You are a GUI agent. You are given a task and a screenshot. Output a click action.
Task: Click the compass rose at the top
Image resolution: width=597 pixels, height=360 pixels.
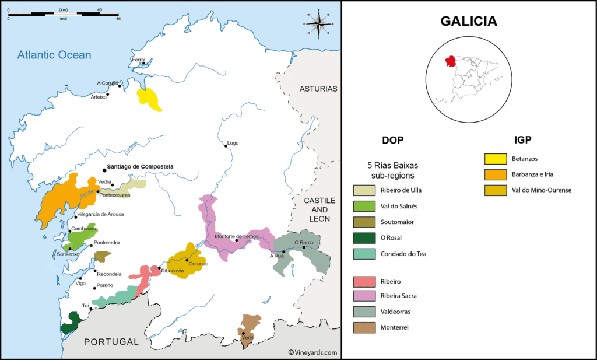[318, 24]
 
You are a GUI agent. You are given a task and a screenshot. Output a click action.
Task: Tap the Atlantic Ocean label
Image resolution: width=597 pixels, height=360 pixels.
[54, 55]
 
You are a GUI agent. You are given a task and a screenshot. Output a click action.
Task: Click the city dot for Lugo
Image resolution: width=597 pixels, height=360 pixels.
[226, 146]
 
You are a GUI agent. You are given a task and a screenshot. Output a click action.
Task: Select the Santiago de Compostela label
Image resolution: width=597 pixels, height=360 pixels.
[141, 167]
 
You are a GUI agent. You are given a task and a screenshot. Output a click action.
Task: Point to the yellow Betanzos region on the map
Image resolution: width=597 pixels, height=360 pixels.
[149, 99]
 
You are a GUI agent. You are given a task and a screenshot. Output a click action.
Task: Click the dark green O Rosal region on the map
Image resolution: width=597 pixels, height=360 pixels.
[71, 322]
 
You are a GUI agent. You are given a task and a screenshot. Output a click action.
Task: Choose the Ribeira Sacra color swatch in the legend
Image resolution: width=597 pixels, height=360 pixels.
[364, 296]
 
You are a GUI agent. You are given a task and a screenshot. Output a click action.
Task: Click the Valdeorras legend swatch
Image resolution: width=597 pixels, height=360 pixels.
[364, 312]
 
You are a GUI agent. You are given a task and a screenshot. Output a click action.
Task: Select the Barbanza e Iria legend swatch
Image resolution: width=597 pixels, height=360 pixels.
[494, 174]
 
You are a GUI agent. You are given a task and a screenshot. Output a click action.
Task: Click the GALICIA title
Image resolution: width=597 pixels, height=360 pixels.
[469, 22]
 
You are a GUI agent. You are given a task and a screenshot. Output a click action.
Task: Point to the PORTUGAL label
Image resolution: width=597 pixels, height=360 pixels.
[111, 342]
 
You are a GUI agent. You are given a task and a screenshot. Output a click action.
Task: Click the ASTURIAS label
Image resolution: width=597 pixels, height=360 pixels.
[318, 89]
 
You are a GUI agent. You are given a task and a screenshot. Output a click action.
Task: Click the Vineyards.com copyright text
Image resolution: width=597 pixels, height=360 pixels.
[312, 352]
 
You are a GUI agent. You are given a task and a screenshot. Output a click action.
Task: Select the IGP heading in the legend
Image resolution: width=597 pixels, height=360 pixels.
[522, 140]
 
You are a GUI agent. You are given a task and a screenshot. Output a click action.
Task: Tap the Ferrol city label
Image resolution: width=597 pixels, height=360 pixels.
[138, 60]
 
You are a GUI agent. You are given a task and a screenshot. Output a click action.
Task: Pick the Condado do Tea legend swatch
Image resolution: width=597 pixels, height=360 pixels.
[364, 254]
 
